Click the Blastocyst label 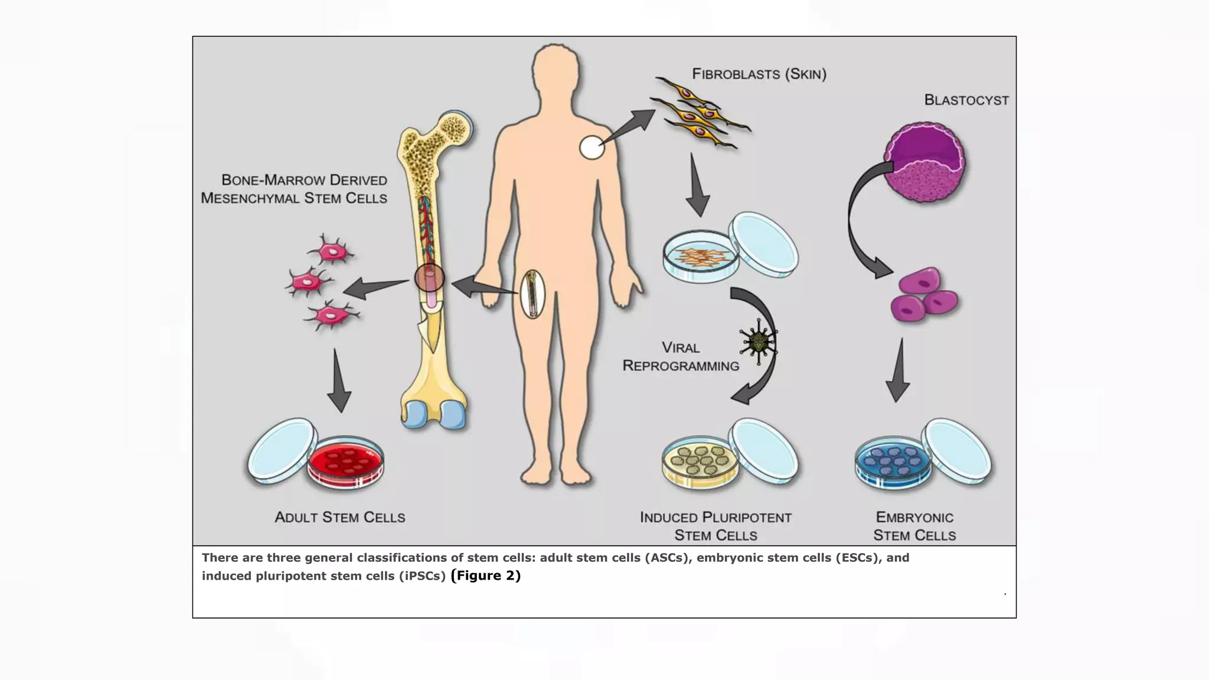pyautogui.click(x=966, y=100)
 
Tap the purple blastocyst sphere pyautogui.click(x=925, y=163)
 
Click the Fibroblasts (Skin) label pyautogui.click(x=759, y=74)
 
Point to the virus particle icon pyautogui.click(x=757, y=342)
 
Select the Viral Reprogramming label pyautogui.click(x=681, y=357)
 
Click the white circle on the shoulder pyautogui.click(x=592, y=148)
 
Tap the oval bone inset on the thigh pyautogui.click(x=532, y=294)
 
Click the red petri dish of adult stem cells pyautogui.click(x=345, y=462)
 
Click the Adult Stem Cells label pyautogui.click(x=340, y=518)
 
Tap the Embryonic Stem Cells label pyautogui.click(x=914, y=527)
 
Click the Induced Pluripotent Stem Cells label pyautogui.click(x=715, y=527)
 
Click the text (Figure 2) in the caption pyautogui.click(x=485, y=576)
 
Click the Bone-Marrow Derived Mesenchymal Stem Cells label pyautogui.click(x=294, y=189)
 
